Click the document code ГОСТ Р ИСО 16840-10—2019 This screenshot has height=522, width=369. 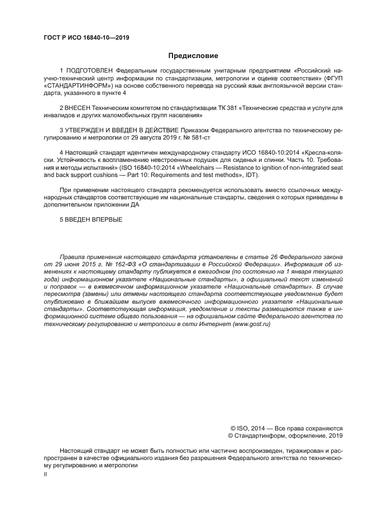82,38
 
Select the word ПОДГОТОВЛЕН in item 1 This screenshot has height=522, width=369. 90,71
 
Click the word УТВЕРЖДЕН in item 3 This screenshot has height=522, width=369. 89,130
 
